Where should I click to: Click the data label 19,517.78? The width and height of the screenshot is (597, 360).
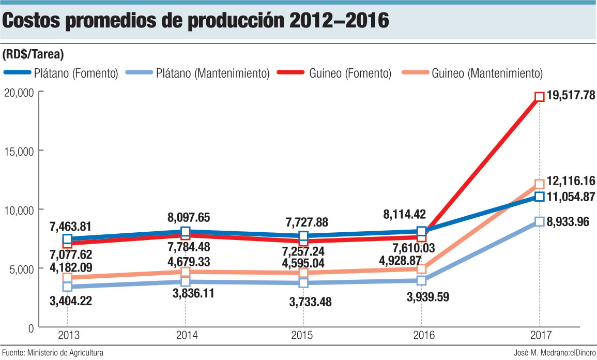coord(570,95)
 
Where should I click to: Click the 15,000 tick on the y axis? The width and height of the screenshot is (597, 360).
coord(20,151)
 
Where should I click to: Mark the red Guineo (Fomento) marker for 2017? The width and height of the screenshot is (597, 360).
coord(540,97)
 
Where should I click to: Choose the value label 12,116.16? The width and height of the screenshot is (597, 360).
coord(570,181)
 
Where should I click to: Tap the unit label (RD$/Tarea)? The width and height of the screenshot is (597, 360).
coord(33,54)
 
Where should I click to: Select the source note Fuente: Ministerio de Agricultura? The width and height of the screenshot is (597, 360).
coord(52,353)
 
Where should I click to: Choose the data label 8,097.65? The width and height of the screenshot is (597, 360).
coord(188,217)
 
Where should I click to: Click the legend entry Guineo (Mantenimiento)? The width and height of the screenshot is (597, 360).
coord(487,73)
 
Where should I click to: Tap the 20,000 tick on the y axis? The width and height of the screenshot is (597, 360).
coord(20,92)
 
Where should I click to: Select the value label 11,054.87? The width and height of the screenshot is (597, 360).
coord(570,197)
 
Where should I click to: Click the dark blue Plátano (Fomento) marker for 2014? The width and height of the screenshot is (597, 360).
coord(185,232)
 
